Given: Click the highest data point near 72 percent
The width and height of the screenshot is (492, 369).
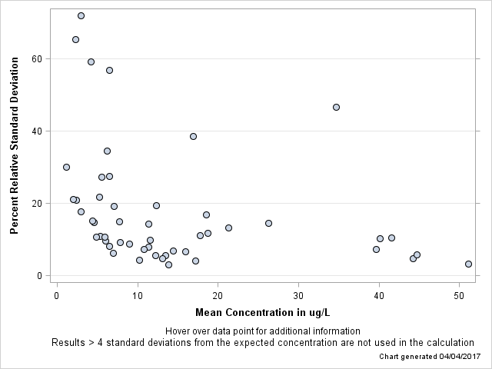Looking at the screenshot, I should [x=81, y=15].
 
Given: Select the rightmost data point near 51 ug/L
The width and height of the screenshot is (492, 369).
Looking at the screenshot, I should [x=468, y=264].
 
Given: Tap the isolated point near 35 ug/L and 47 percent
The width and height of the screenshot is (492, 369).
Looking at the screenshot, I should [x=336, y=107].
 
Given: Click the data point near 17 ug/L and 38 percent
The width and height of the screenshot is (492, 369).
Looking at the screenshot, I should [x=193, y=136].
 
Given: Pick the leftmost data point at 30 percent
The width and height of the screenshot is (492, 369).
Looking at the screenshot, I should [x=66, y=167].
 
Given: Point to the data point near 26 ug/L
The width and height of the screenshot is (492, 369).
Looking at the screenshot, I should [x=268, y=223].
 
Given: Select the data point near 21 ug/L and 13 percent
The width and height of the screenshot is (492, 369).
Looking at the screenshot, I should [x=228, y=228].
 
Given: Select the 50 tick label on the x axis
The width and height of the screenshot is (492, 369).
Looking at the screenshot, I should [x=459, y=296].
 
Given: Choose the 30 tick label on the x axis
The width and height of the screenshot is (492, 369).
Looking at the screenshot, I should [x=298, y=296].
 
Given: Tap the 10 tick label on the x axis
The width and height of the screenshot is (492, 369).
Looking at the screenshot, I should [x=138, y=296].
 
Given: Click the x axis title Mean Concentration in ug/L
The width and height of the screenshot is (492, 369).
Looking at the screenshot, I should [x=262, y=312].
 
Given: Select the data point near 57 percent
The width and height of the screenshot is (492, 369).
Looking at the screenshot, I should [x=109, y=70].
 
